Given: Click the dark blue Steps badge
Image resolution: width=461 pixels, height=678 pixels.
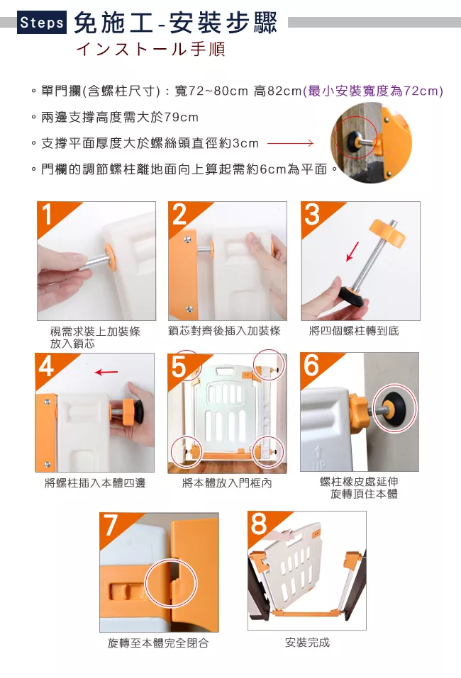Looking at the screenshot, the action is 42,22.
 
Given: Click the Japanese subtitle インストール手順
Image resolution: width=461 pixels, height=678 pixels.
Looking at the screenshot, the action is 151,49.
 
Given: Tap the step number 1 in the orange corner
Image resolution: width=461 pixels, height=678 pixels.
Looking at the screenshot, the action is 46,215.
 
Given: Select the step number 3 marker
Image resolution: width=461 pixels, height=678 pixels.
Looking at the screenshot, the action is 312,215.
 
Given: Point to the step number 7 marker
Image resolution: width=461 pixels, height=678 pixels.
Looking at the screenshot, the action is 111,525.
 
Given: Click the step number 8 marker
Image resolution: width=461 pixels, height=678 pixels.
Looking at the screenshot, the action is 259,524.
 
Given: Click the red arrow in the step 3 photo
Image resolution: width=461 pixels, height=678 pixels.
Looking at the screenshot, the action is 352,252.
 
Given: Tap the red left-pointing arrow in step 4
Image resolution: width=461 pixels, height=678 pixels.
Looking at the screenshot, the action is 106,372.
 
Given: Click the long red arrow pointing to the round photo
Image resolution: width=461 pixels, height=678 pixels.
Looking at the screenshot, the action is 290,143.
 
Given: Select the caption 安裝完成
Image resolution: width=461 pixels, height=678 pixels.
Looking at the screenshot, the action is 307,643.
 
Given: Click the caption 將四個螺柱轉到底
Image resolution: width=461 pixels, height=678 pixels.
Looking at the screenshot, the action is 354,332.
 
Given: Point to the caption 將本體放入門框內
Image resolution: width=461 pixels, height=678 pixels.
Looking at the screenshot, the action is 227,483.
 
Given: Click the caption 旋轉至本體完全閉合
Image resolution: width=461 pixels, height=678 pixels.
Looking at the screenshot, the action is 158,643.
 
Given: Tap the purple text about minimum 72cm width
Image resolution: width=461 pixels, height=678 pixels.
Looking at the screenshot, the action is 373,91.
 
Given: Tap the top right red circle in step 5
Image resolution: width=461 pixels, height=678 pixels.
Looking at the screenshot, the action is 270,365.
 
